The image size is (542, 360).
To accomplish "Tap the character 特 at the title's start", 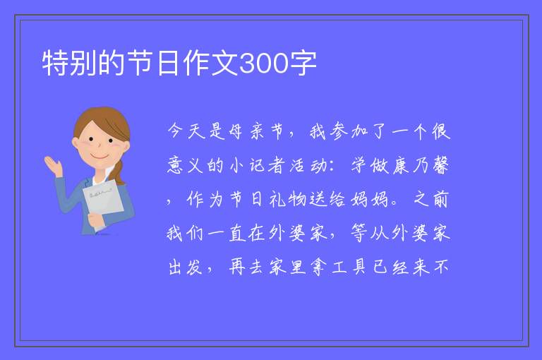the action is [x=55, y=64].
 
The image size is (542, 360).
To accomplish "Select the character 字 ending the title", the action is [x=303, y=64].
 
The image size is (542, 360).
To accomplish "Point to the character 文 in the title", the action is [x=224, y=64].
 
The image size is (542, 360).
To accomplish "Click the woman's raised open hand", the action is [x=53, y=166].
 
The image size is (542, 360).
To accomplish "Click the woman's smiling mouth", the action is [x=100, y=157].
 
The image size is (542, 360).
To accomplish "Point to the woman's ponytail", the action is [x=119, y=172].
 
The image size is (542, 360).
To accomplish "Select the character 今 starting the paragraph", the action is [x=175, y=131].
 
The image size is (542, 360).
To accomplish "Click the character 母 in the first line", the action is [x=236, y=131].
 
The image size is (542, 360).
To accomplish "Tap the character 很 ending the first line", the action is [x=440, y=131].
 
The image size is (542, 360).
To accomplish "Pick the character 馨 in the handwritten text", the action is [x=440, y=165].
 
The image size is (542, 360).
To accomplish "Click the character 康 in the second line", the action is [x=400, y=165].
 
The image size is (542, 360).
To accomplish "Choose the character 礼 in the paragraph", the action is [x=277, y=199].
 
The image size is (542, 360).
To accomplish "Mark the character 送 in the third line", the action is [x=318, y=199].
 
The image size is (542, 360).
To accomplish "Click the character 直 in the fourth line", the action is [x=237, y=233].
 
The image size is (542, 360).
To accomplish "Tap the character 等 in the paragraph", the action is [x=359, y=233].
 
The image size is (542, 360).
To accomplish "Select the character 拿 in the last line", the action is [x=319, y=267].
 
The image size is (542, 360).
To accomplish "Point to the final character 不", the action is [x=441, y=267].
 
